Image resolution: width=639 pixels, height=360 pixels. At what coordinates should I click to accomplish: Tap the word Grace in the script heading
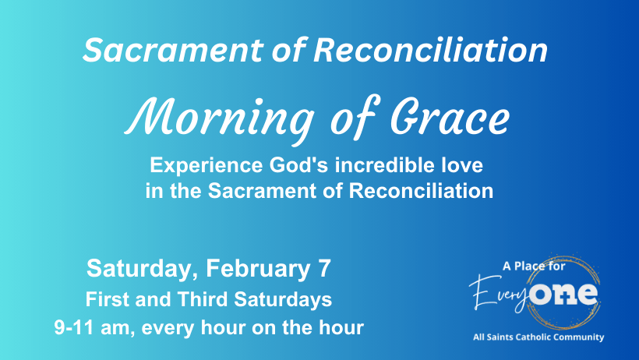[450, 117]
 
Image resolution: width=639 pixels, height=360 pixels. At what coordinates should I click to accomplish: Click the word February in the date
[258, 270]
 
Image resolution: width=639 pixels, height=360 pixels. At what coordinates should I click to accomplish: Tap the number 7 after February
[324, 269]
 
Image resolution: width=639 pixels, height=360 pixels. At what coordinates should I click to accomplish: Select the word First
[108, 299]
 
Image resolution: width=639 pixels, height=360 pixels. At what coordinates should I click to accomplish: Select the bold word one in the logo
[563, 293]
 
